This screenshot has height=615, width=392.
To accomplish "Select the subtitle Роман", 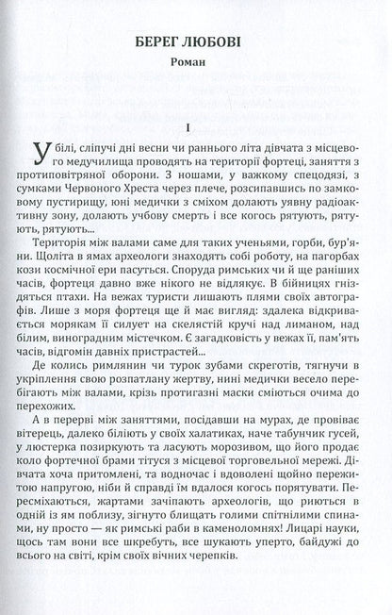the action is pyautogui.click(x=196, y=68).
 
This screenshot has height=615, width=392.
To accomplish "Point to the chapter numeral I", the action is pyautogui.click(x=196, y=127).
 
